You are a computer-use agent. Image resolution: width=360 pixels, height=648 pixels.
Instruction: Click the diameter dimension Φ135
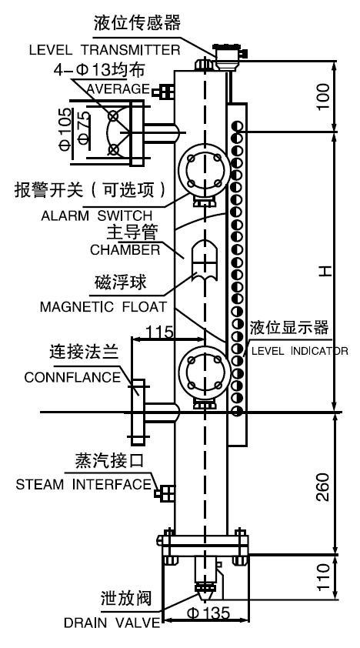pyautogui.click(x=209, y=614)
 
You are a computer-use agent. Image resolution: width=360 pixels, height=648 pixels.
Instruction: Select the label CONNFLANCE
pyautogui.click(x=72, y=378)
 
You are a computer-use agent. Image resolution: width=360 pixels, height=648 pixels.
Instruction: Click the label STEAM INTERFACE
pyautogui.click(x=84, y=485)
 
